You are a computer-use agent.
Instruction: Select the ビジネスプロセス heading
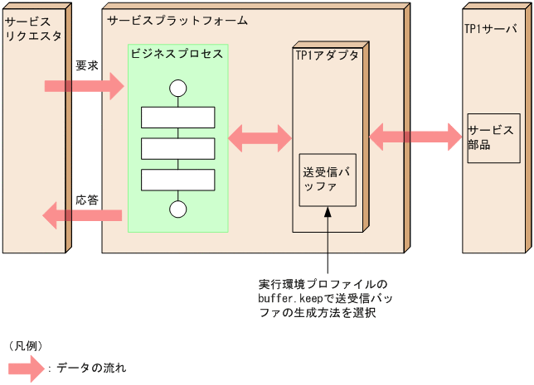pyautogui.click(x=177, y=54)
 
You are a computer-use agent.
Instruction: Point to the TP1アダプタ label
pyautogui.click(x=328, y=55)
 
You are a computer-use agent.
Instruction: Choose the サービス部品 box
pyautogui.click(x=493, y=137)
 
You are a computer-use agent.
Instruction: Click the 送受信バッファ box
pyautogui.click(x=328, y=180)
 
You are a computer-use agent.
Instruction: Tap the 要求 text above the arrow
pyautogui.click(x=86, y=65)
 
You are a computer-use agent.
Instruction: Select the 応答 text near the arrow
pyautogui.click(x=87, y=200)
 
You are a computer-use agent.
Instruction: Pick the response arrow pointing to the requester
pyautogui.click(x=82, y=216)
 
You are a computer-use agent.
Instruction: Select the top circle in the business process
pyautogui.click(x=177, y=89)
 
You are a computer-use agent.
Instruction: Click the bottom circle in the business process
pyautogui.click(x=177, y=209)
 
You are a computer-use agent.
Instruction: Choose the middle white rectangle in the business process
pyautogui.click(x=177, y=148)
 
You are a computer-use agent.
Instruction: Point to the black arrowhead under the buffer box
pyautogui.click(x=328, y=213)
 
